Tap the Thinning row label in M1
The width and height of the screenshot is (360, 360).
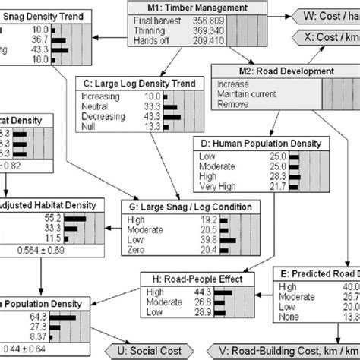[144, 29]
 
